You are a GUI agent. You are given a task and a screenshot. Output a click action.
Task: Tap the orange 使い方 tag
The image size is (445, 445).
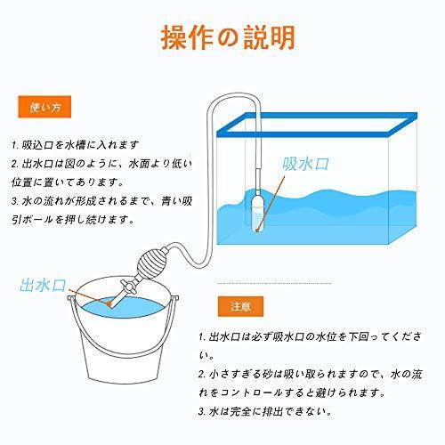coord(44,109)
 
